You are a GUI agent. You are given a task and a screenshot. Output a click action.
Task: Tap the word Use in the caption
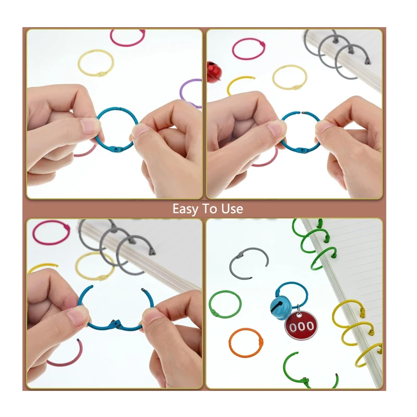[x=232, y=209]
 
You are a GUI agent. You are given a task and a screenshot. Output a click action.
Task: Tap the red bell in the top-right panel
[x=213, y=69]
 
